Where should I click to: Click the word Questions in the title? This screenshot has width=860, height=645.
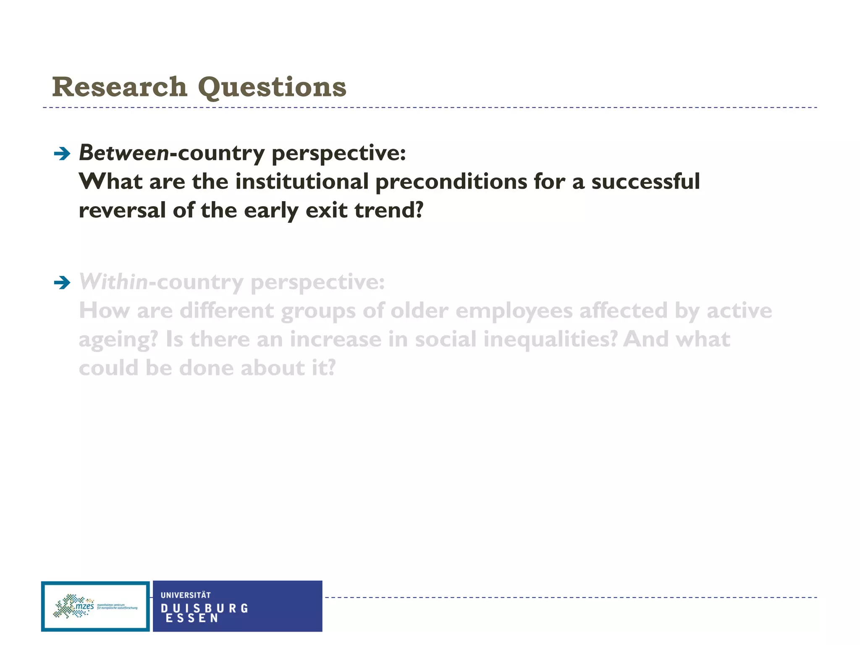(272, 88)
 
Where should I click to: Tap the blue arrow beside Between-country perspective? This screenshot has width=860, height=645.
(62, 154)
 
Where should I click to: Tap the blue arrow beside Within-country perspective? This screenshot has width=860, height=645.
(62, 283)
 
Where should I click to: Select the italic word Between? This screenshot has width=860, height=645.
(124, 153)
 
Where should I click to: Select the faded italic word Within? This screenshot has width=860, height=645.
(113, 282)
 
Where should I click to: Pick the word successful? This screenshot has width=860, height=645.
(645, 182)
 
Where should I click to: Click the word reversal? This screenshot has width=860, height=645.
(122, 210)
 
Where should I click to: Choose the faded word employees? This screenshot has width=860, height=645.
(514, 312)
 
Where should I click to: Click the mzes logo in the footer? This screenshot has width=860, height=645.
(95, 606)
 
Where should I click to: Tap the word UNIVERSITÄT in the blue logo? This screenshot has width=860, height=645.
(186, 595)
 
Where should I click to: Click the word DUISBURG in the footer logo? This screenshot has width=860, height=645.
(205, 608)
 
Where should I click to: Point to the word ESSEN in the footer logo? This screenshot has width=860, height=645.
(192, 618)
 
